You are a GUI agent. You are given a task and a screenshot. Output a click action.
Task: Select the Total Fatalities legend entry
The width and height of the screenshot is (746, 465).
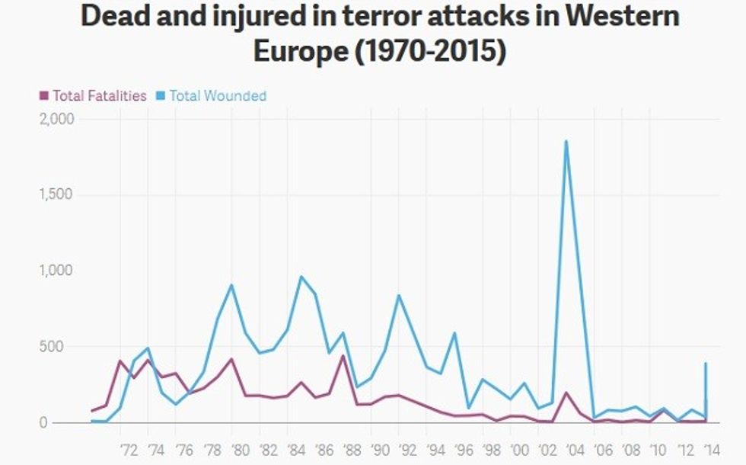pos(93,96)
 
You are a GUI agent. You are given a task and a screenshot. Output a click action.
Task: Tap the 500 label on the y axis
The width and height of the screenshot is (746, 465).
pos(61,347)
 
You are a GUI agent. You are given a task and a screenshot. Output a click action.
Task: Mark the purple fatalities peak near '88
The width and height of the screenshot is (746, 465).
pos(343,356)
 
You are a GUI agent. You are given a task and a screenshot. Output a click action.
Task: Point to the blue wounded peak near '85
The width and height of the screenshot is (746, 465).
pos(301,277)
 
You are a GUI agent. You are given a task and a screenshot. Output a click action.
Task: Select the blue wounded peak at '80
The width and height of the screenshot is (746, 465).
pos(231,285)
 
